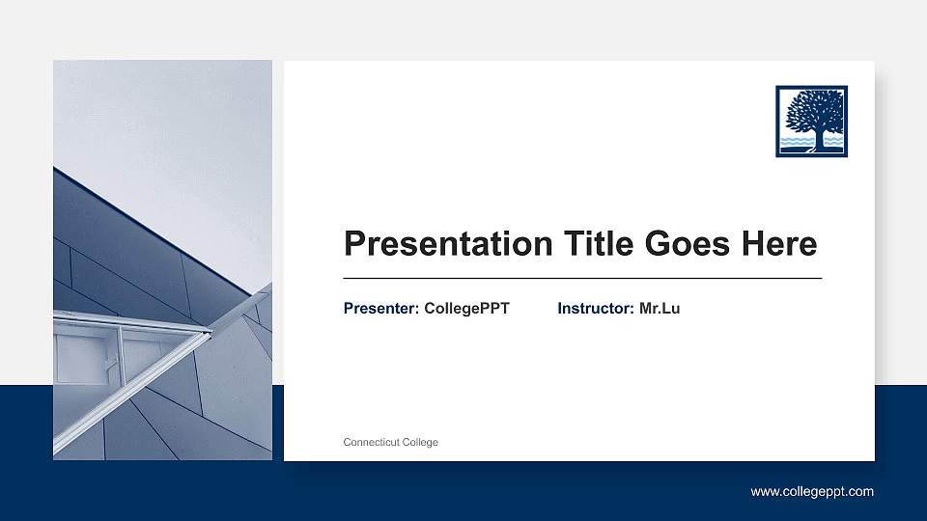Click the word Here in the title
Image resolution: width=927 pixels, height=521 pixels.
(778, 244)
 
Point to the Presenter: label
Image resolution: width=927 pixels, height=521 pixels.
(380, 309)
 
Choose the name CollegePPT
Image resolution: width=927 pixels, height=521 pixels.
(466, 309)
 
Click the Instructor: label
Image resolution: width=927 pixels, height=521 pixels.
(595, 309)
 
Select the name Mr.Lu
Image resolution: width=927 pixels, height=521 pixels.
(660, 309)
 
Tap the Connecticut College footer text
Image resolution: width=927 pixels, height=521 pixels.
(390, 442)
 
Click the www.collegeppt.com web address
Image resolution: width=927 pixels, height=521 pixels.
(812, 492)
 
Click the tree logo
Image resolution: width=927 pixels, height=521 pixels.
(811, 122)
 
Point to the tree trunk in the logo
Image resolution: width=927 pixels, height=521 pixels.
(819, 139)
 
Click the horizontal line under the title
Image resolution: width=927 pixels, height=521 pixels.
(582, 278)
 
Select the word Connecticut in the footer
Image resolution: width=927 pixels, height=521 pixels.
(371, 442)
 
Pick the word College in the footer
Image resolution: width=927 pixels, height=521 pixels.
(420, 442)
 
